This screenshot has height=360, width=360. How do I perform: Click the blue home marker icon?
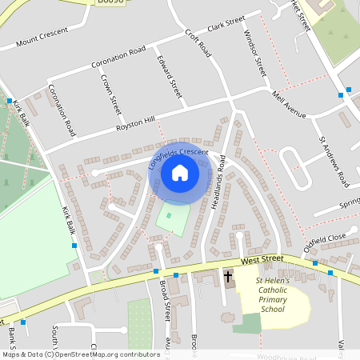[x=180, y=172]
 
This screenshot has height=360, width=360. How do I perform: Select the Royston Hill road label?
[x=135, y=124]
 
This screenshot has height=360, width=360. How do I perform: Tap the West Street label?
[x=262, y=260]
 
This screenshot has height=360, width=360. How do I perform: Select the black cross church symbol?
[x=228, y=277]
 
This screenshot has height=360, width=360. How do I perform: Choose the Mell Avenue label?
[x=290, y=105]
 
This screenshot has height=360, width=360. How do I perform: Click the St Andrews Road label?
[x=334, y=162]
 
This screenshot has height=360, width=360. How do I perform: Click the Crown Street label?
[x=110, y=93]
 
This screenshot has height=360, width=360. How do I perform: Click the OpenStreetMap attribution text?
[x=80, y=354]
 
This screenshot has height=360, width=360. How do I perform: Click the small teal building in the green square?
[x=168, y=215]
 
